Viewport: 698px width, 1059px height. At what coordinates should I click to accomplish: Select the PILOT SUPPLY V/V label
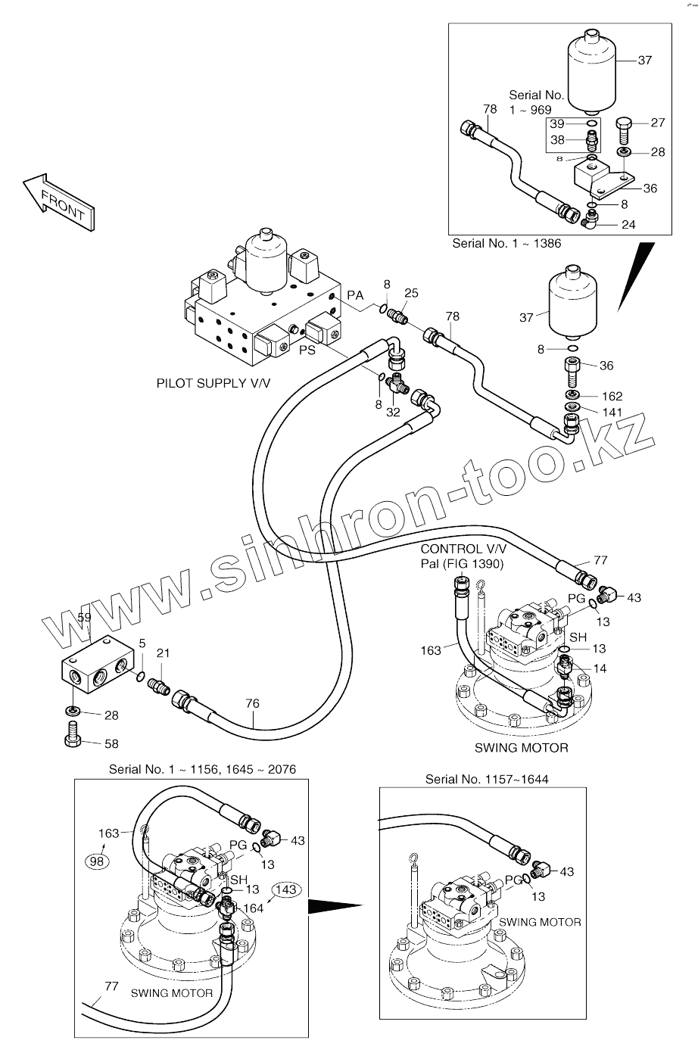(213, 384)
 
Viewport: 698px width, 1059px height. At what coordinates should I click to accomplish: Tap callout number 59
(85, 617)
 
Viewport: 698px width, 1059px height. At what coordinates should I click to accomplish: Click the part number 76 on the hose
(252, 704)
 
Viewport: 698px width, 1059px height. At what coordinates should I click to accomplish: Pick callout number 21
(164, 653)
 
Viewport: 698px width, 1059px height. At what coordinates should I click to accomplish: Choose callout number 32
(393, 412)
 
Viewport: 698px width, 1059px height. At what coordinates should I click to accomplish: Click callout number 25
(411, 293)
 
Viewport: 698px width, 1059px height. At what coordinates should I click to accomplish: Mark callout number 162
(612, 396)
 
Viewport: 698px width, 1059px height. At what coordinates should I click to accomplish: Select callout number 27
(657, 123)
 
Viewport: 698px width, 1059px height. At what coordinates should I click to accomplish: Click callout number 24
(628, 224)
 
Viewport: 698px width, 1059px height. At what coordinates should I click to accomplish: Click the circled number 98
(96, 861)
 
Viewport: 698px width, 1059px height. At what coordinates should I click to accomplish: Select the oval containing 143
(286, 889)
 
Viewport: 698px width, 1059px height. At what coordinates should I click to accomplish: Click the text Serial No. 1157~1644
(487, 778)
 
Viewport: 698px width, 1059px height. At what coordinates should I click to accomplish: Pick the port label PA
(355, 294)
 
